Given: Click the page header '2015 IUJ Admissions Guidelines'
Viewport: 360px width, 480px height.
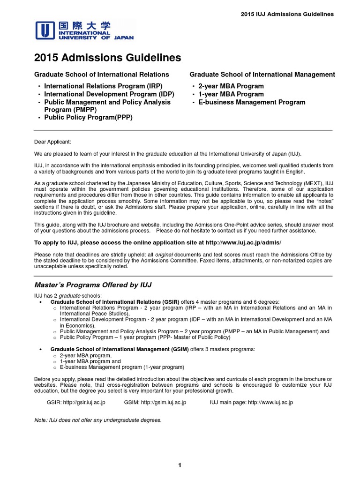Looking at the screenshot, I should [x=287, y=14].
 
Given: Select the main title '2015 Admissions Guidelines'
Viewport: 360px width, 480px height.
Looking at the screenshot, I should [x=107, y=58].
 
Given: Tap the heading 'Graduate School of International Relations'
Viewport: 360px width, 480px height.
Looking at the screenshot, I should [x=102, y=75].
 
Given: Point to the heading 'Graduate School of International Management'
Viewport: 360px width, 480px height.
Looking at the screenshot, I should [x=262, y=75].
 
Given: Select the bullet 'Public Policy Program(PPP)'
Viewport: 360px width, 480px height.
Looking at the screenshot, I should [x=88, y=118].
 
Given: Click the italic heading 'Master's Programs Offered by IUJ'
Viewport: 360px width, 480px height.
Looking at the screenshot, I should [x=93, y=285].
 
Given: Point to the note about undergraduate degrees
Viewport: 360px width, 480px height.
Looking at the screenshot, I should [x=98, y=420].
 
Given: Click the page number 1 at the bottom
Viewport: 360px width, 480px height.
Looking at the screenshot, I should [x=180, y=465].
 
